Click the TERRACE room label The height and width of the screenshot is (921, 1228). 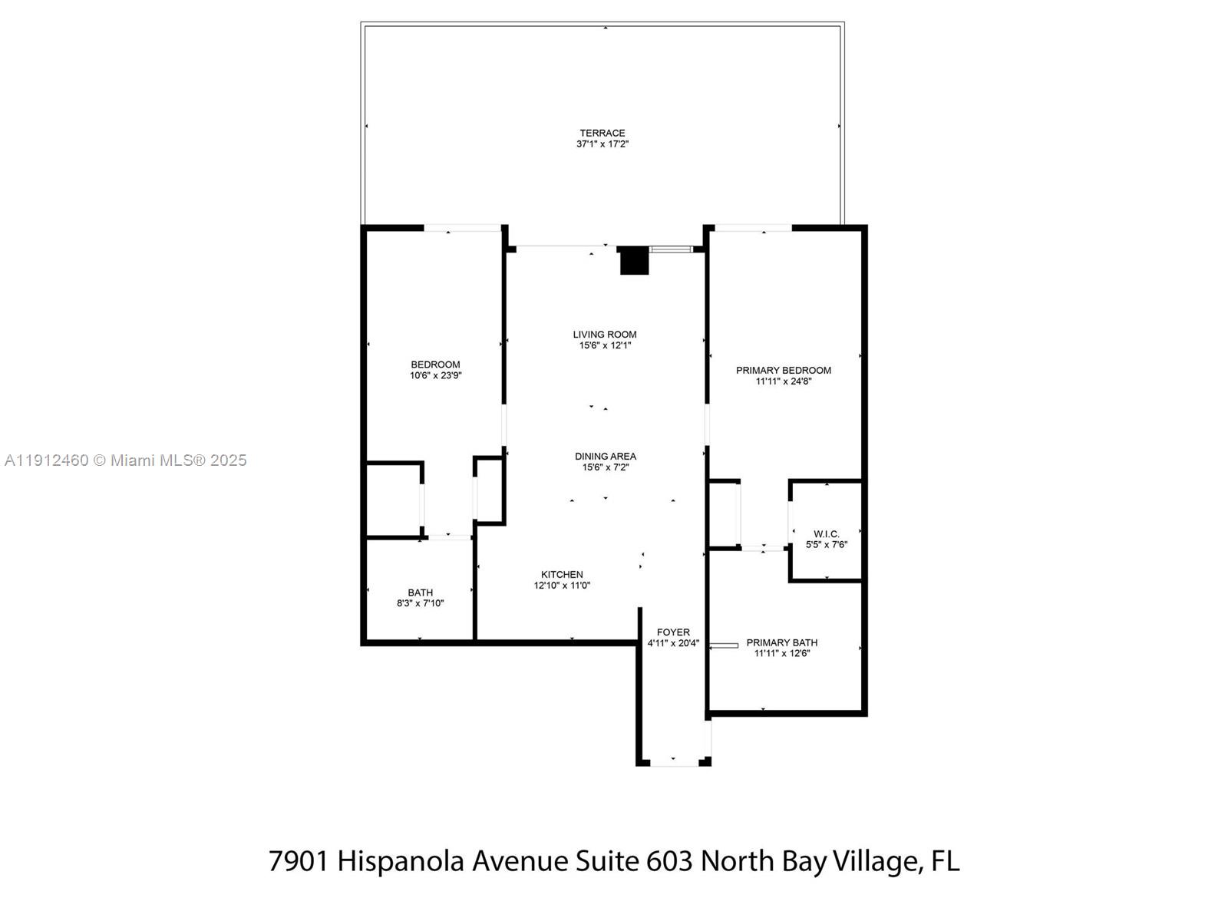tap(602, 133)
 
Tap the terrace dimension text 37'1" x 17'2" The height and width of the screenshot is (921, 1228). tap(602, 144)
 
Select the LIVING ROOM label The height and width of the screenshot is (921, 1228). tap(605, 334)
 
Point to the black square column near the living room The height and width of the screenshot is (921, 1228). tap(634, 261)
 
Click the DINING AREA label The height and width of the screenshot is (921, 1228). tap(605, 456)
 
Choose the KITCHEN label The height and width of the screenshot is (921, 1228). tap(562, 574)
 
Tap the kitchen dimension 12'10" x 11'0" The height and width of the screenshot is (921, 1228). tap(562, 586)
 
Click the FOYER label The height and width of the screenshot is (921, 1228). tap(673, 632)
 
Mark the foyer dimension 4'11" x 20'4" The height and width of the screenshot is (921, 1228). tap(673, 643)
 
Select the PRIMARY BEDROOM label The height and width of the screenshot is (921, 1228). tap(783, 370)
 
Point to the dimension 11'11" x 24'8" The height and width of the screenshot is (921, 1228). tap(783, 381)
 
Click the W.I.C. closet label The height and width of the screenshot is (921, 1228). tap(827, 533)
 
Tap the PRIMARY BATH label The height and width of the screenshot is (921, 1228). tap(781, 642)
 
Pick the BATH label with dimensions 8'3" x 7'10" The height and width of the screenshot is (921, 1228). tap(420, 593)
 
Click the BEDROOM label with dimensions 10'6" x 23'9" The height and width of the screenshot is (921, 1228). tap(435, 365)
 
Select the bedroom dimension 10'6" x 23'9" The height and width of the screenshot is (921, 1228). tap(435, 375)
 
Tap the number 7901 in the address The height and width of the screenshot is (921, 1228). tap(299, 861)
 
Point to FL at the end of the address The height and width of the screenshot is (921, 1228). tap(945, 861)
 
